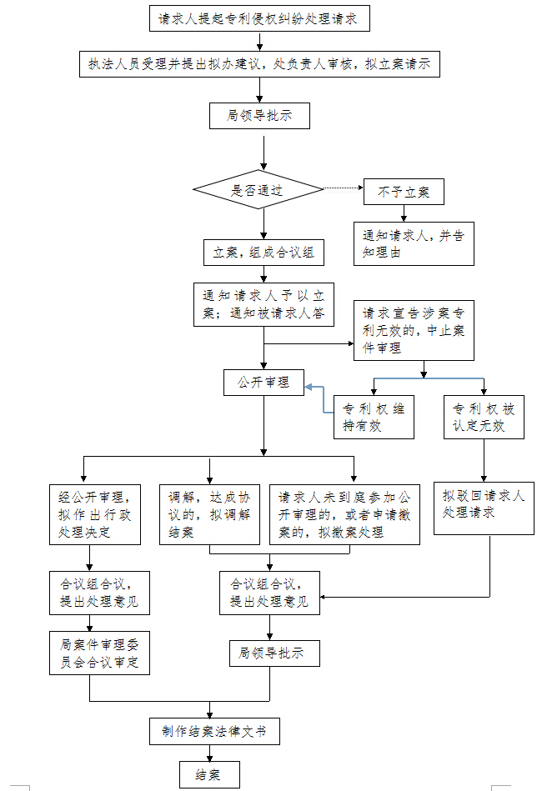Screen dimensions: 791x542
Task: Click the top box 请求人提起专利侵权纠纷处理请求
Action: (258, 19)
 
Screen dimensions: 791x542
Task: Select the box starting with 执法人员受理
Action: (259, 64)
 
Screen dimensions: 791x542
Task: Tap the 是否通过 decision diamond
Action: (257, 190)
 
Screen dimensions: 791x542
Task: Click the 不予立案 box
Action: (404, 192)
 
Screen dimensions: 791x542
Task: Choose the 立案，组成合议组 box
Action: (263, 252)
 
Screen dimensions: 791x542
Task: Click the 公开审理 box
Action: (263, 383)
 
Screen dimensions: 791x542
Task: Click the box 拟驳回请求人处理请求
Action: (484, 508)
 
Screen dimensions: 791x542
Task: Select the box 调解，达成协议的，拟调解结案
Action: (209, 513)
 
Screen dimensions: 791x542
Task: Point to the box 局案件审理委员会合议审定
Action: (99, 653)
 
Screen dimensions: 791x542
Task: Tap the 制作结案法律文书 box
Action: (214, 732)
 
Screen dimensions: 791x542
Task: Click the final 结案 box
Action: (209, 775)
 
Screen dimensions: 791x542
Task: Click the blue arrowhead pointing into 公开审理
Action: (309, 387)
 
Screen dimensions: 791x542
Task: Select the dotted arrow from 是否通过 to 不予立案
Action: (343, 189)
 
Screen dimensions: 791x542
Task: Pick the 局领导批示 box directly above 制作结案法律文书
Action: (270, 653)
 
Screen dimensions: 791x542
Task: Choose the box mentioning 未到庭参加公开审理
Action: (344, 513)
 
